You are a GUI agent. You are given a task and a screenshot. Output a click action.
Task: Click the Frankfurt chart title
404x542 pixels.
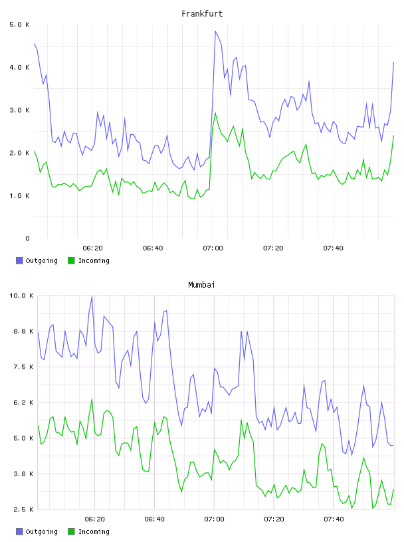pyautogui.click(x=202, y=14)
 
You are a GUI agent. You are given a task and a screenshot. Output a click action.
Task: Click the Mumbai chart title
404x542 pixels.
pyautogui.click(x=201, y=285)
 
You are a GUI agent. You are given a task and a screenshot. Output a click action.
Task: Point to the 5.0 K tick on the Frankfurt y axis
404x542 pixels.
pyautogui.click(x=19, y=25)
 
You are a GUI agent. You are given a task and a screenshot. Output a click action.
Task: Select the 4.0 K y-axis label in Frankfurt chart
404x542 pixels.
pyautogui.click(x=19, y=67)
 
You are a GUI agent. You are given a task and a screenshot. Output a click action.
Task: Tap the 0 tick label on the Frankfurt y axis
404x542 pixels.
pyautogui.click(x=27, y=238)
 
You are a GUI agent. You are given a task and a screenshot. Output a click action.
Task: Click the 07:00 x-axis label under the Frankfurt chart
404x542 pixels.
pyautogui.click(x=213, y=248)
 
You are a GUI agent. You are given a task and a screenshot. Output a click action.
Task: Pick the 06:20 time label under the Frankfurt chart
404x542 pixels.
pyautogui.click(x=93, y=248)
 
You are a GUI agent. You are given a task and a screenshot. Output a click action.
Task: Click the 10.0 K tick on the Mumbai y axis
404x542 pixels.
pyautogui.click(x=21, y=296)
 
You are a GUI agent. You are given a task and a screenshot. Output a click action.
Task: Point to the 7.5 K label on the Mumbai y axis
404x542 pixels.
pyautogui.click(x=23, y=367)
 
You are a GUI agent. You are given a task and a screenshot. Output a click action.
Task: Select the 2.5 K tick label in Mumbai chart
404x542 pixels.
pyautogui.click(x=23, y=509)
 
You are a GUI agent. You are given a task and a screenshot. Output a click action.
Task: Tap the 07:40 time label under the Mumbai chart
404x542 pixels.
pyautogui.click(x=334, y=519)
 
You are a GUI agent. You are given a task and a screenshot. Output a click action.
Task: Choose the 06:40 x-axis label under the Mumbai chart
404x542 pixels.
pyautogui.click(x=154, y=519)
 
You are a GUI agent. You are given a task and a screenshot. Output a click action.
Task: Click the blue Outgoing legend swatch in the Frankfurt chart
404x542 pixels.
pyautogui.click(x=19, y=260)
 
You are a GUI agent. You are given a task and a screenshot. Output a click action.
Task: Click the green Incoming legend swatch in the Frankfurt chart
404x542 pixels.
pyautogui.click(x=71, y=260)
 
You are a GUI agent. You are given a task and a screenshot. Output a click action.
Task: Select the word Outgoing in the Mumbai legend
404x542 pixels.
pyautogui.click(x=41, y=532)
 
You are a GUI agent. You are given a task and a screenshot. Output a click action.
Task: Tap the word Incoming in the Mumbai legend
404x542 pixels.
pyautogui.click(x=94, y=532)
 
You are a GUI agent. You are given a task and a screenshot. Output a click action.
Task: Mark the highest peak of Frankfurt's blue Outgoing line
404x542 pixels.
pyautogui.click(x=215, y=31)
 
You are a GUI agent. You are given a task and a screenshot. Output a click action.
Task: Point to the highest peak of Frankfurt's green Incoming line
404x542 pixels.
pyautogui.click(x=215, y=113)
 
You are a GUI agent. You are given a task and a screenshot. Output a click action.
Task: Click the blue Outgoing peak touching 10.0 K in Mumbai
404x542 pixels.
pyautogui.click(x=92, y=296)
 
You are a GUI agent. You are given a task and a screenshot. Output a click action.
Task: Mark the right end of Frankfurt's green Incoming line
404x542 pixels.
pyautogui.click(x=393, y=136)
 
